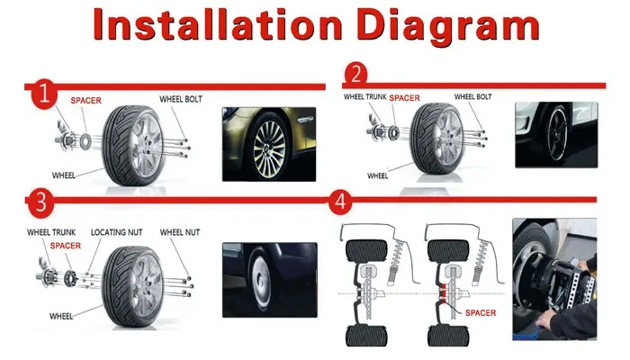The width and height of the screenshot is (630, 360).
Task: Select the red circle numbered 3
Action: tap(39, 202)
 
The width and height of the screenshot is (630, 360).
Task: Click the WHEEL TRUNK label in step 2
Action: tap(364, 96)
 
